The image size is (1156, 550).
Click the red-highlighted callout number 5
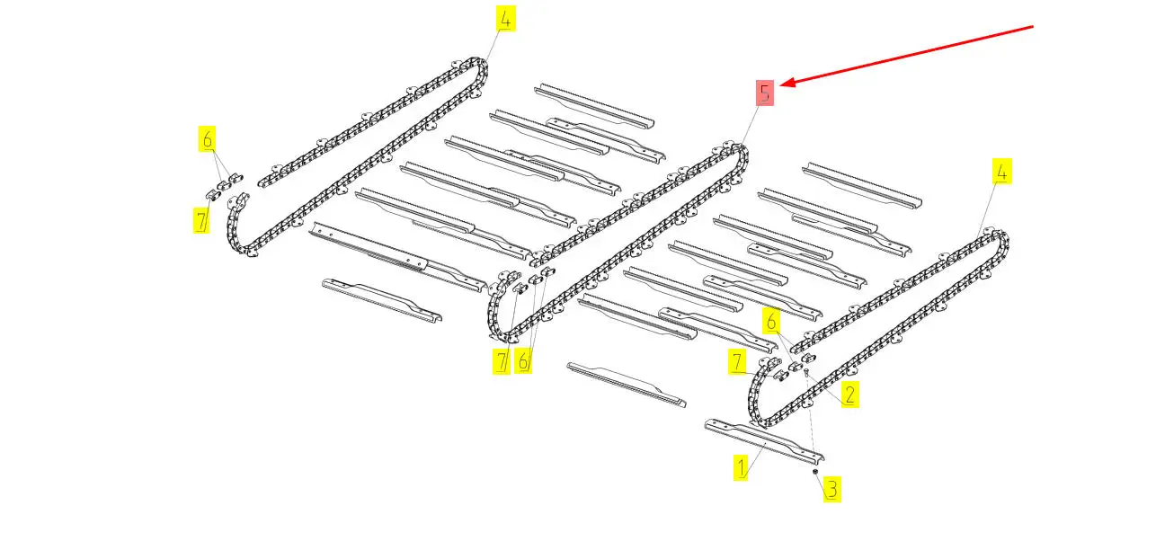pyautogui.click(x=765, y=93)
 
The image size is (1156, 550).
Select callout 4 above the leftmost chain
pyautogui.click(x=506, y=19)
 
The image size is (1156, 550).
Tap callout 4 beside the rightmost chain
pyautogui.click(x=1001, y=172)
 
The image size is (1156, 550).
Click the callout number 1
pyautogui.click(x=741, y=467)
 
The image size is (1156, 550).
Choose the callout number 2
pyautogui.click(x=850, y=395)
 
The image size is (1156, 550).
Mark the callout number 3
pyautogui.click(x=831, y=489)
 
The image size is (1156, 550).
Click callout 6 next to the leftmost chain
pyautogui.click(x=208, y=138)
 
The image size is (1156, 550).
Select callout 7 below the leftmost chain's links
pyautogui.click(x=201, y=220)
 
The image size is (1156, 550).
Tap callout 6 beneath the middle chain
pyautogui.click(x=523, y=360)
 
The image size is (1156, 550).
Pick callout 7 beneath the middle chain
pyautogui.click(x=501, y=360)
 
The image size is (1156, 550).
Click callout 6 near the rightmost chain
pyautogui.click(x=771, y=321)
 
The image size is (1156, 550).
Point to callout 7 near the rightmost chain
pyautogui.click(x=737, y=361)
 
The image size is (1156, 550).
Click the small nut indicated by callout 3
pyautogui.click(x=815, y=472)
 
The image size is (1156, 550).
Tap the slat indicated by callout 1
pyautogui.click(x=764, y=441)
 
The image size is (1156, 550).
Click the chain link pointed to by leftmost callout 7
pyautogui.click(x=213, y=195)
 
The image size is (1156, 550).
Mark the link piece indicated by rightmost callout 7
pyautogui.click(x=782, y=377)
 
